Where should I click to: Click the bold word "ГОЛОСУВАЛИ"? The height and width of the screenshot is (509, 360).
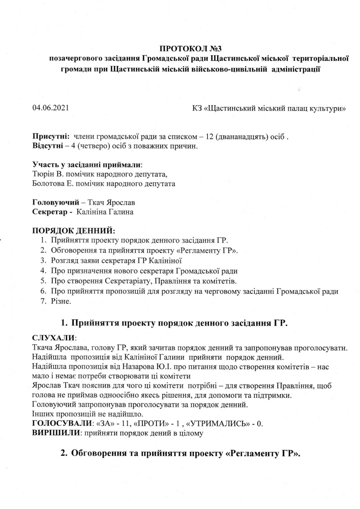coord(61,424)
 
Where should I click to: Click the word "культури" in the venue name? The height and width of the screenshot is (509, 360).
coord(330,108)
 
